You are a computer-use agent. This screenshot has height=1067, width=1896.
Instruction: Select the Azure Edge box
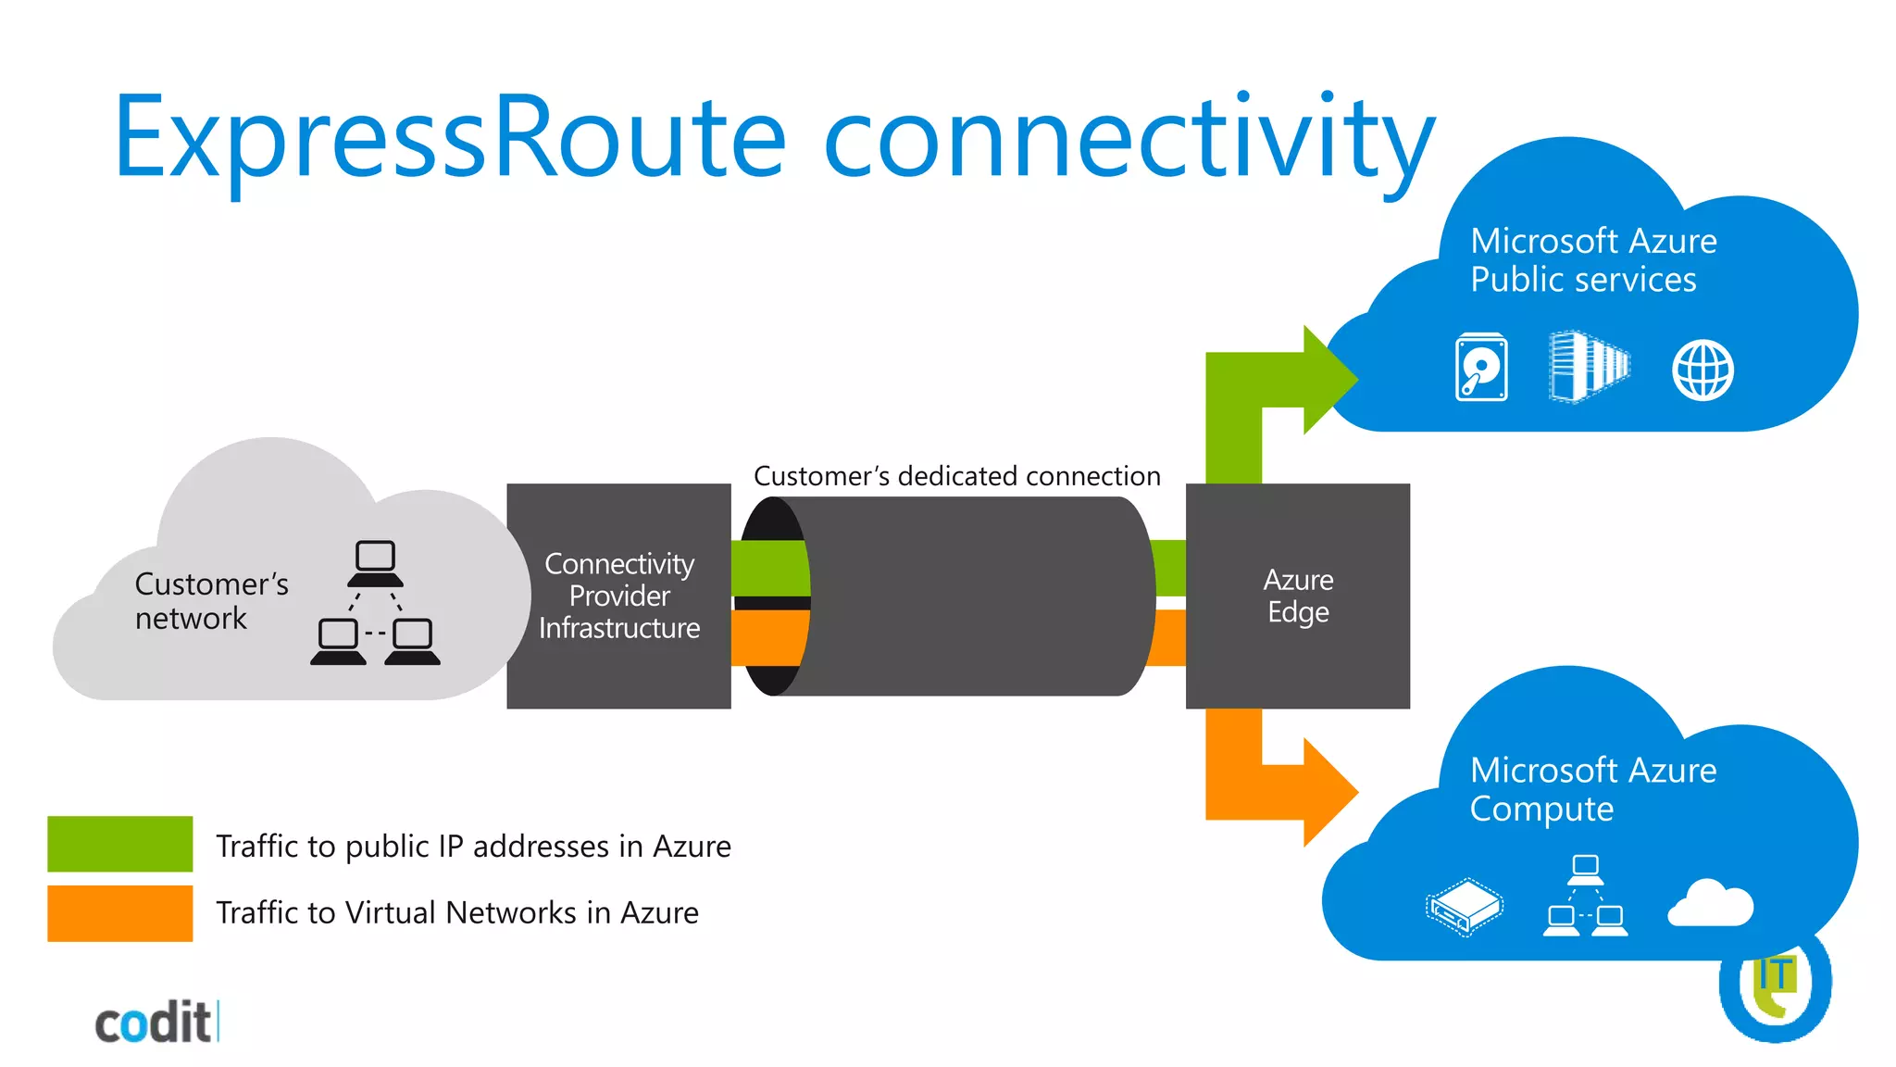pyautogui.click(x=1297, y=596)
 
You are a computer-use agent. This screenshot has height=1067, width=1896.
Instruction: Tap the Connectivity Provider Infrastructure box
pyautogui.click(x=618, y=596)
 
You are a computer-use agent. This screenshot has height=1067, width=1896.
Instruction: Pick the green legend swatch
pyautogui.click(x=120, y=844)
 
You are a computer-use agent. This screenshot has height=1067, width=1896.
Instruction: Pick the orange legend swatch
pyautogui.click(x=120, y=913)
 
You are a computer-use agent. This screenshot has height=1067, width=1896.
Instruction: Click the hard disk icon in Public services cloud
pyautogui.click(x=1481, y=368)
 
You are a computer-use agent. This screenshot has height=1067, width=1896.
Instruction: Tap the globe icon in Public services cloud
pyautogui.click(x=1703, y=370)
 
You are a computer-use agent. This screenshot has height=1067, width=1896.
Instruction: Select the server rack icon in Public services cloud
pyautogui.click(x=1589, y=367)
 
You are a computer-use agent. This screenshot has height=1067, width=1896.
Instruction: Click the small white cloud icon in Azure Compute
pyautogui.click(x=1710, y=904)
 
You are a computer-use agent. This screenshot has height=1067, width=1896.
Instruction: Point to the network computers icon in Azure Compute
pyautogui.click(x=1585, y=896)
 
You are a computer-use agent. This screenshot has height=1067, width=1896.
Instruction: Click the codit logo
pyautogui.click(x=155, y=1023)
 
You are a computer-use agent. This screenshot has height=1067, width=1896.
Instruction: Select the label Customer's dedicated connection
pyautogui.click(x=956, y=476)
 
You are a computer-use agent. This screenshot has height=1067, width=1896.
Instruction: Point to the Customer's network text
pyautogui.click(x=211, y=600)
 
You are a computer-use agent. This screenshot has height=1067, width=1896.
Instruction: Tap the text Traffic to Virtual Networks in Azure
pyautogui.click(x=456, y=913)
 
